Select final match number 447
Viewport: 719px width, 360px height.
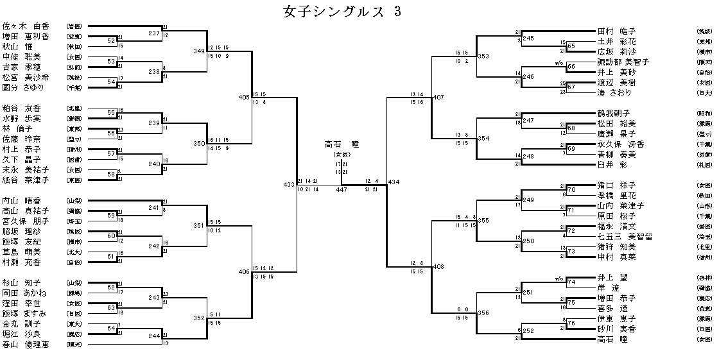[342, 191]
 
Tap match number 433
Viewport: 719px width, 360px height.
[289, 185]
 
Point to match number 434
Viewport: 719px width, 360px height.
[394, 182]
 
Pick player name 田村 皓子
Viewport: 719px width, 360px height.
[616, 31]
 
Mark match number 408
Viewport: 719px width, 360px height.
[438, 266]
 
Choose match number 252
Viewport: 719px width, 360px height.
[528, 331]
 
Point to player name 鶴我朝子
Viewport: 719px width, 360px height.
[614, 113]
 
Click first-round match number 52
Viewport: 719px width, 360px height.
[111, 41]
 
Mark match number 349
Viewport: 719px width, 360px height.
[199, 51]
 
